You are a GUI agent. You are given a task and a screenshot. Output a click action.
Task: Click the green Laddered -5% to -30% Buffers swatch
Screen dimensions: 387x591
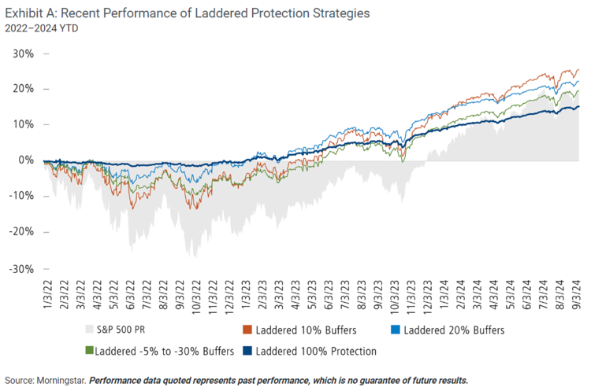[x=87, y=351]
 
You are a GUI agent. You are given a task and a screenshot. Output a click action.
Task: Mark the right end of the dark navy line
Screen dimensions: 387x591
[x=579, y=107]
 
